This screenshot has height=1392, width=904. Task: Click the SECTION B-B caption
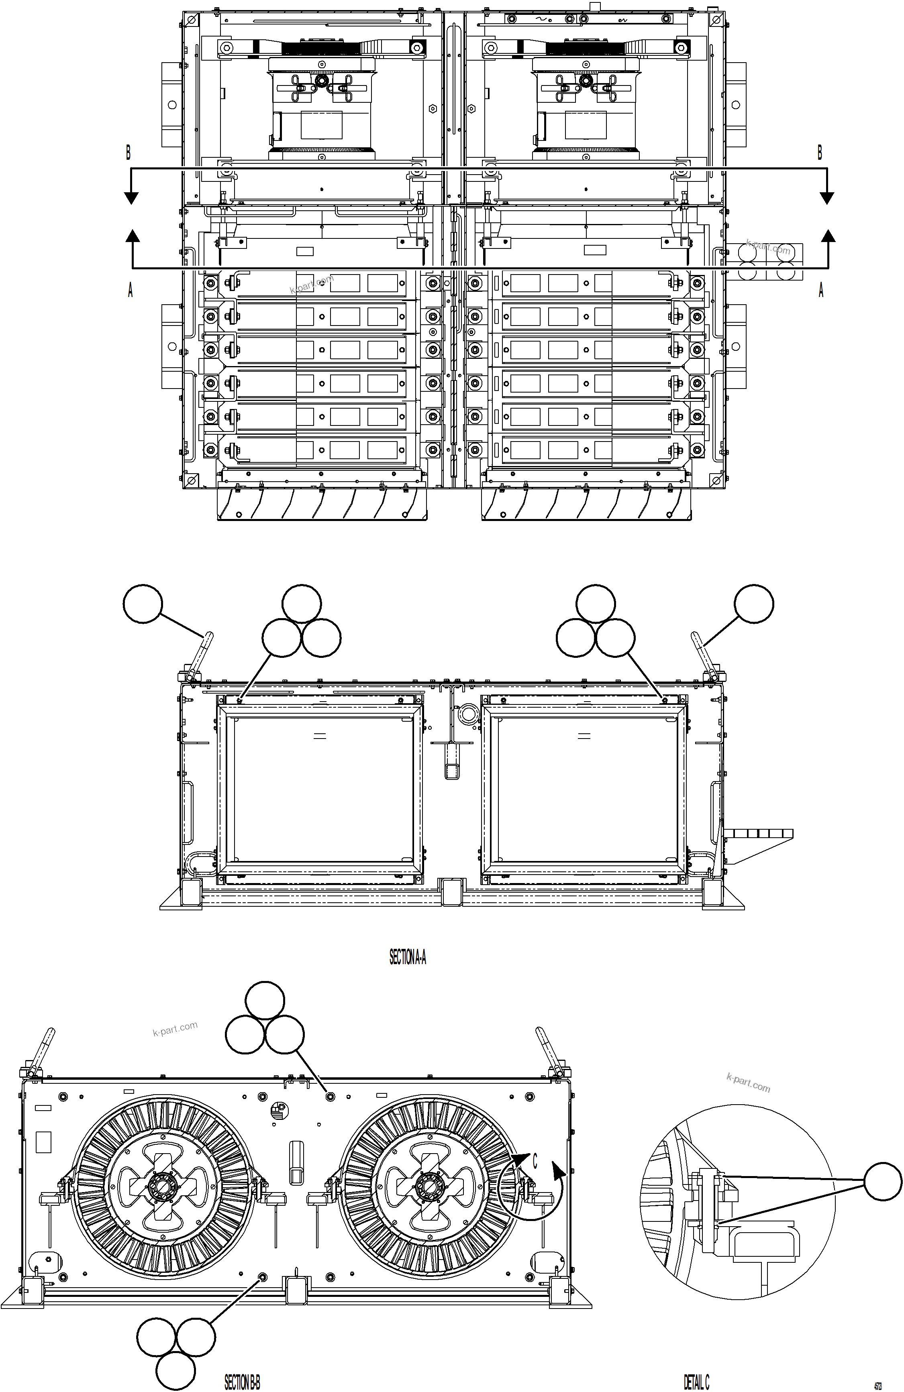(242, 1382)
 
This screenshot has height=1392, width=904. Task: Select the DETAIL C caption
(696, 1382)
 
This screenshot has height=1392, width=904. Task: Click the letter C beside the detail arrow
(534, 1160)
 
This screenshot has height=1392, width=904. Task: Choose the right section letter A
(820, 289)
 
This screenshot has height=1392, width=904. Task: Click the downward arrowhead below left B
(131, 198)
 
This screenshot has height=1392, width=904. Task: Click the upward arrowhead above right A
(827, 236)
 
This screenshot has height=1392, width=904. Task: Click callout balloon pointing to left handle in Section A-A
(143, 604)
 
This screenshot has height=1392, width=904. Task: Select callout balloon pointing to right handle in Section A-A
(754, 604)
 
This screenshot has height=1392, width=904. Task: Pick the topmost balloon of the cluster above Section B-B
(265, 1001)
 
